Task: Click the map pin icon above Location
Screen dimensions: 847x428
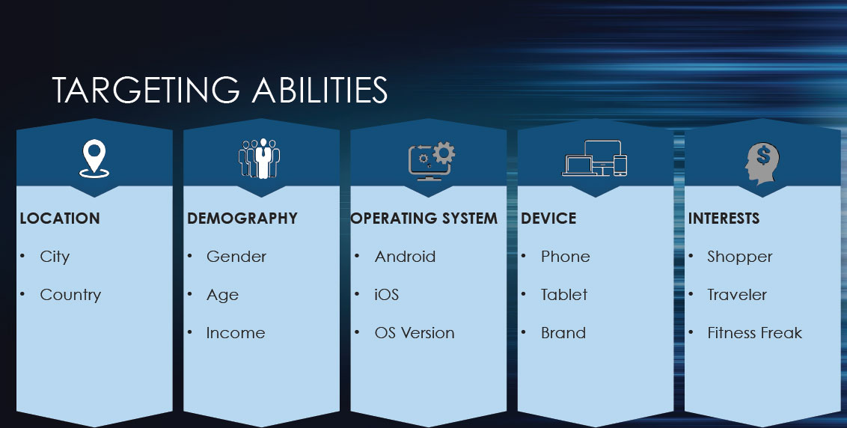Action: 94,159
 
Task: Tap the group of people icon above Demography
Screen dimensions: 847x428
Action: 260,159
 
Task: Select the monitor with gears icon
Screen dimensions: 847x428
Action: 431,160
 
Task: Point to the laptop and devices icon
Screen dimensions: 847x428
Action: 595,159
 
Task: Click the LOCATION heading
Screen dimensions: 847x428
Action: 60,218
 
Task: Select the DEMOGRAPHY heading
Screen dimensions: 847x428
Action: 242,218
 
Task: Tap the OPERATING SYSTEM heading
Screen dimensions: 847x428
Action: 424,218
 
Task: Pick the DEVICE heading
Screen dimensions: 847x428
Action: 548,218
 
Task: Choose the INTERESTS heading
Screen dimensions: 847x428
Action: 724,218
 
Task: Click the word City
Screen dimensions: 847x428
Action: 55,257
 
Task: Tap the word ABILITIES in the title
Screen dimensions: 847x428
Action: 319,90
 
